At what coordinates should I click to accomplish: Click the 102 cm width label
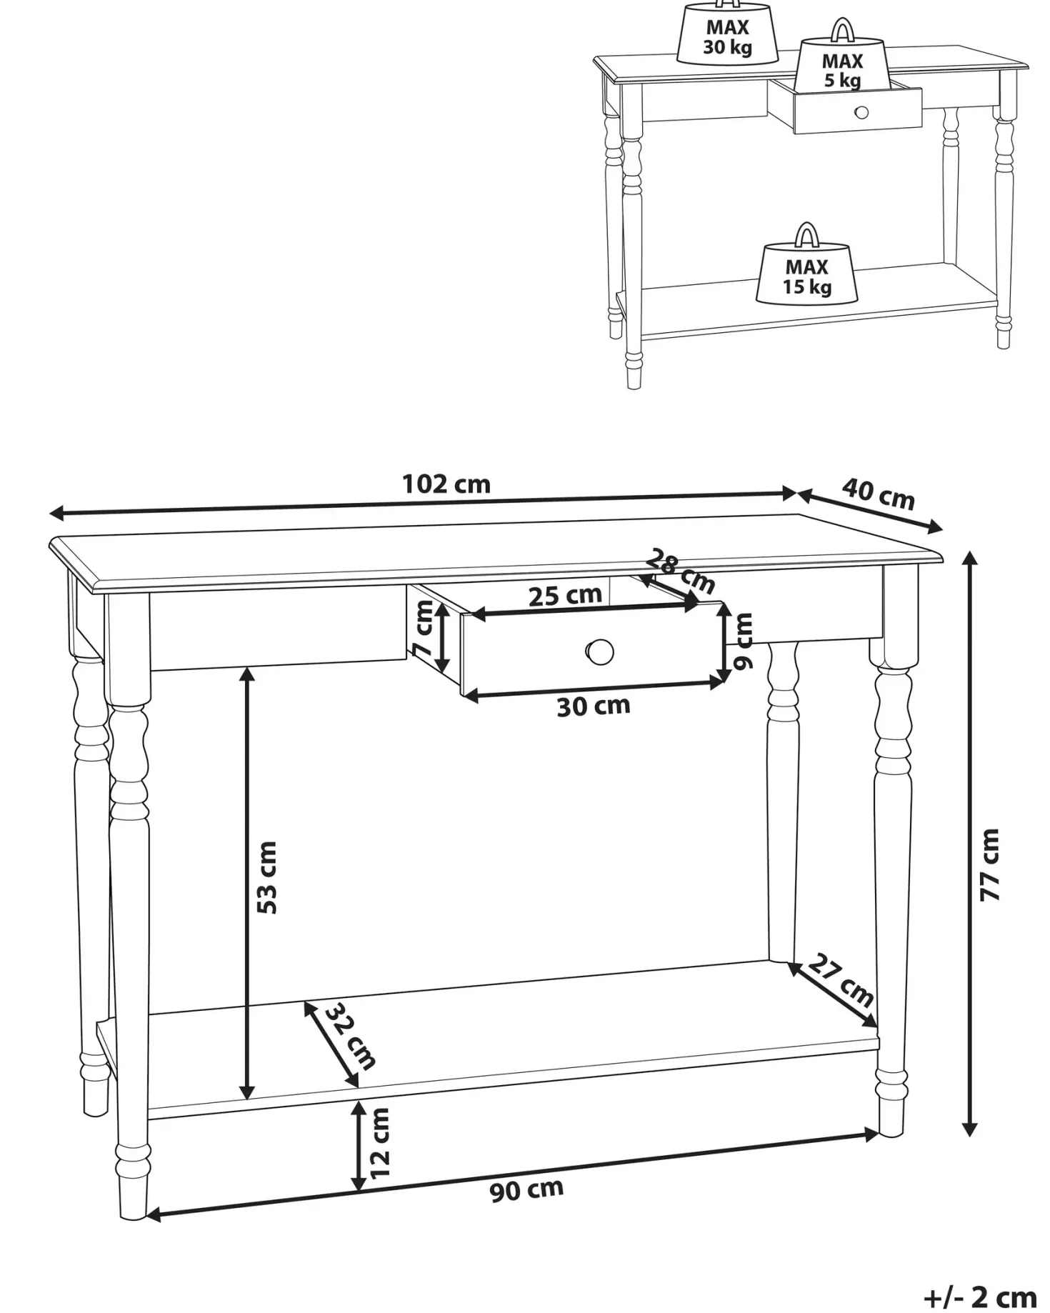tap(446, 484)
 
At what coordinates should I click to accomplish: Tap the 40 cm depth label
tap(878, 494)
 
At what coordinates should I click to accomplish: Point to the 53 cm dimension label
tap(267, 877)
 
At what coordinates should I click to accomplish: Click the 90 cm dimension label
tap(526, 1190)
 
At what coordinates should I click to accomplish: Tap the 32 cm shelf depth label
tap(350, 1037)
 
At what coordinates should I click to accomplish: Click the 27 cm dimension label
tap(841, 981)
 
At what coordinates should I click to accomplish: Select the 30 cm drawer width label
tap(594, 707)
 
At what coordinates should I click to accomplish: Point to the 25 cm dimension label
tap(565, 595)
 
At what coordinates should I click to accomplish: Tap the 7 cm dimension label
tap(423, 629)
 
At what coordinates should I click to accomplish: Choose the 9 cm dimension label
tap(744, 641)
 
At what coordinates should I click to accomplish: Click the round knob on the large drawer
tap(599, 651)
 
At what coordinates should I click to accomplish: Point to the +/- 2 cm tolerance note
tap(979, 1296)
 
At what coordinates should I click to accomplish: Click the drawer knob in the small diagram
tap(861, 112)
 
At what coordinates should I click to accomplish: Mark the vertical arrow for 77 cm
tap(969, 843)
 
